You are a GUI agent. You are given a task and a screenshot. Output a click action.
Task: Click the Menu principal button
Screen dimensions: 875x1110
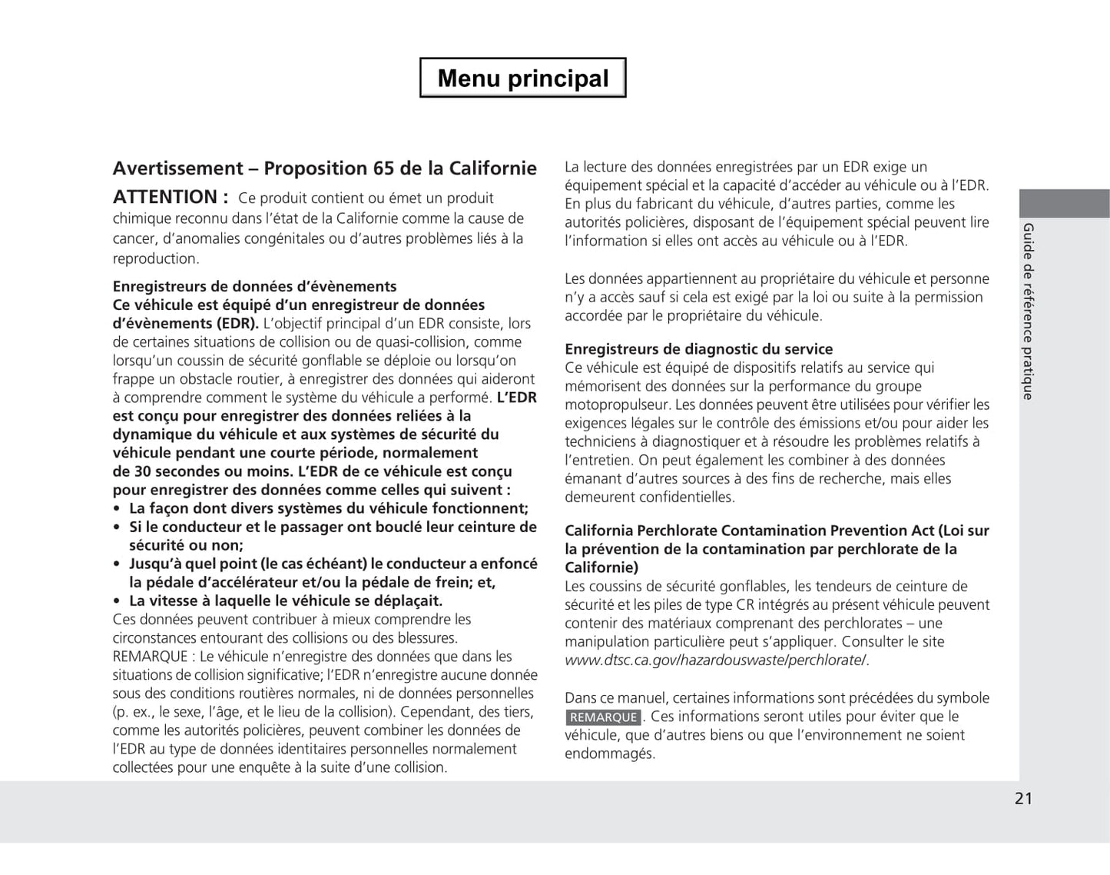click(x=522, y=78)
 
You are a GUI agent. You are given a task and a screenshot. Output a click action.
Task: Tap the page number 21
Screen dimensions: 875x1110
click(x=1023, y=798)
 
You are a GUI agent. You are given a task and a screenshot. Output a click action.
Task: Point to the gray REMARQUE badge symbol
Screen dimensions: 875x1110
click(x=603, y=717)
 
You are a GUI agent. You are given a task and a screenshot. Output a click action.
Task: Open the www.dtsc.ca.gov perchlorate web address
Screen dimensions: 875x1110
click(x=716, y=660)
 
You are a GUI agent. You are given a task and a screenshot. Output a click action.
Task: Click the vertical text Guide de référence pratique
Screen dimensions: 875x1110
click(x=1028, y=311)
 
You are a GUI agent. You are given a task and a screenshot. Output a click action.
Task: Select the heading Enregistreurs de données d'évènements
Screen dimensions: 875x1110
click(x=254, y=287)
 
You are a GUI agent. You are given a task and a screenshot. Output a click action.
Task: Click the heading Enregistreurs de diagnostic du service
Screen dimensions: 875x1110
click(x=698, y=349)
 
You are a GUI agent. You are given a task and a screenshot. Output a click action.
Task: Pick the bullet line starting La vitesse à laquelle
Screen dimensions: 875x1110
click(x=285, y=601)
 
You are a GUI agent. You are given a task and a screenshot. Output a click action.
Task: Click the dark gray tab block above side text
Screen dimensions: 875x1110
click(x=1064, y=204)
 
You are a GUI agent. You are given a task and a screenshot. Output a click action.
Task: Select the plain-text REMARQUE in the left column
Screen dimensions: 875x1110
click(x=150, y=657)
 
